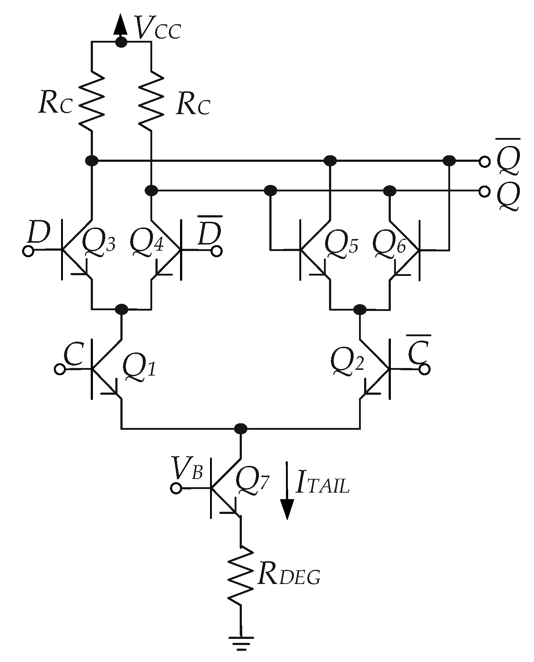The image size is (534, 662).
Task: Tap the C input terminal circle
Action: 60,369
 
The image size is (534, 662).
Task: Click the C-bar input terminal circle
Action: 424,369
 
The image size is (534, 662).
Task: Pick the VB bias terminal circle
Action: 176,488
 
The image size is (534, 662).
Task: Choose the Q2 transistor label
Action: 346,361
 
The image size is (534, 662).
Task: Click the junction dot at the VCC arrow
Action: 121,42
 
